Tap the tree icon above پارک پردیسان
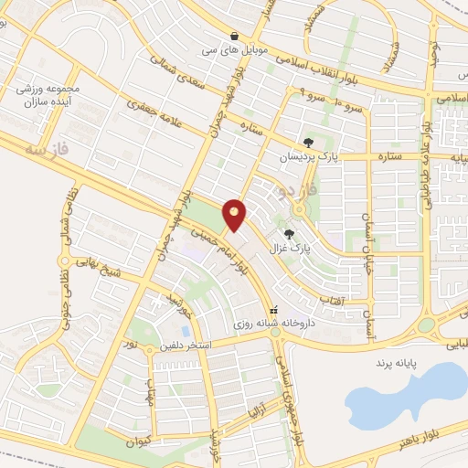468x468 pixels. [309, 142]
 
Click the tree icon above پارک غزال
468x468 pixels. [290, 234]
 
